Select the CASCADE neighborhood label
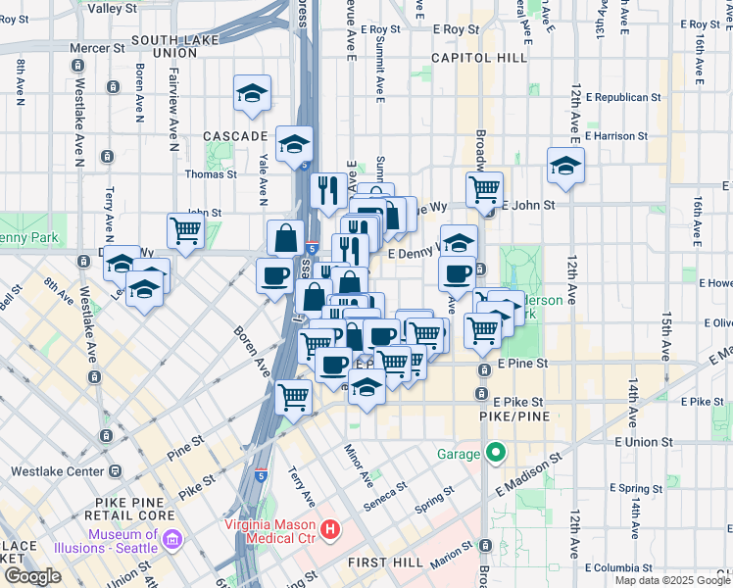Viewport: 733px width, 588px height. click(x=235, y=135)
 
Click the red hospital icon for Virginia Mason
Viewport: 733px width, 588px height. click(x=330, y=530)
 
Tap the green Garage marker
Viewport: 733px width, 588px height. click(x=496, y=454)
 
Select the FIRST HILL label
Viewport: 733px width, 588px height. click(x=384, y=563)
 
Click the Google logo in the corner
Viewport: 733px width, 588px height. click(x=32, y=576)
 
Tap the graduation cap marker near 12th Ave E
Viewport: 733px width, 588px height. click(x=565, y=167)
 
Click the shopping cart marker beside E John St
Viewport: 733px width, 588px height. click(x=484, y=190)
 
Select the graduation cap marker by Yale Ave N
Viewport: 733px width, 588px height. click(x=252, y=94)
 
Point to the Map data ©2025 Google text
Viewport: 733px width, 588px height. click(x=672, y=580)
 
